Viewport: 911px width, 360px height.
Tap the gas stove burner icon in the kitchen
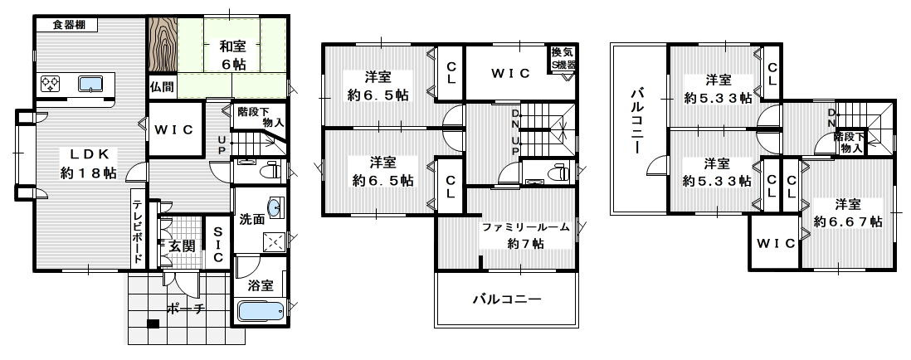click(x=49, y=83)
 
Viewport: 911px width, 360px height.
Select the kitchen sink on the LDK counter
click(x=90, y=83)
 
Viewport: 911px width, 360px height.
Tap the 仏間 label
click(x=162, y=85)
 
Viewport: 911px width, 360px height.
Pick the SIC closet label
click(x=217, y=245)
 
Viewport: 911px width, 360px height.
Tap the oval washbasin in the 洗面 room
click(x=274, y=207)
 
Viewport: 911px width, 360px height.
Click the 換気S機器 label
click(x=562, y=59)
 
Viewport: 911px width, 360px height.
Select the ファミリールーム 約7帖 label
click(x=526, y=236)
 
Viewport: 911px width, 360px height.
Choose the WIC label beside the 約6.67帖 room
click(x=775, y=243)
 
